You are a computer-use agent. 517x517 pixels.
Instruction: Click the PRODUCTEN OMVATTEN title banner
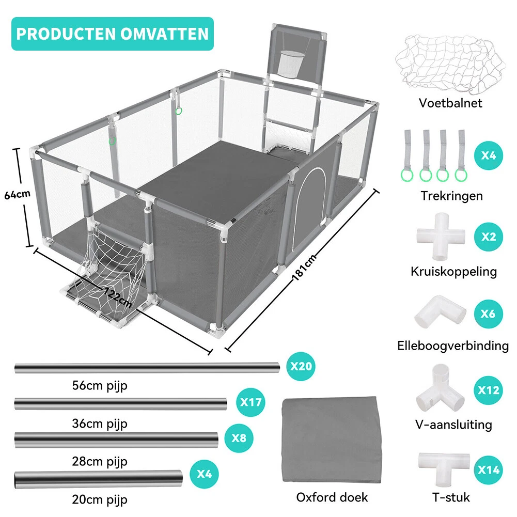(113, 34)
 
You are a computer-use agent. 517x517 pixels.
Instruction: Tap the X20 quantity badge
(301, 366)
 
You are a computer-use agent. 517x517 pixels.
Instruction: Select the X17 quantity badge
(250, 402)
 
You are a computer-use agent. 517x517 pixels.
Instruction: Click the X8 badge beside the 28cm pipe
(239, 438)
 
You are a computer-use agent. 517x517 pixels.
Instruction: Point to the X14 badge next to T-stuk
(488, 470)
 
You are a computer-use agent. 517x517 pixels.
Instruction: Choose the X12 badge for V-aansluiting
(488, 390)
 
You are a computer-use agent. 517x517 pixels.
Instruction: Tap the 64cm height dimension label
(17, 195)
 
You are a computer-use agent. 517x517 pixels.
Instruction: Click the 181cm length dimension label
(305, 268)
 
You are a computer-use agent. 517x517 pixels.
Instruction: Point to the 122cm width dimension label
(118, 297)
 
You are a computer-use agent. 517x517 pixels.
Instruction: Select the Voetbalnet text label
(450, 103)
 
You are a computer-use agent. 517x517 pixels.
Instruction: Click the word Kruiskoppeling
(453, 271)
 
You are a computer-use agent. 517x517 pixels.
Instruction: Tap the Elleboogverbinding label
(453, 346)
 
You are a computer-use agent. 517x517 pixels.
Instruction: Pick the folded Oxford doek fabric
(332, 440)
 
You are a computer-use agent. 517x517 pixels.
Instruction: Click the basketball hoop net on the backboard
(290, 62)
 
